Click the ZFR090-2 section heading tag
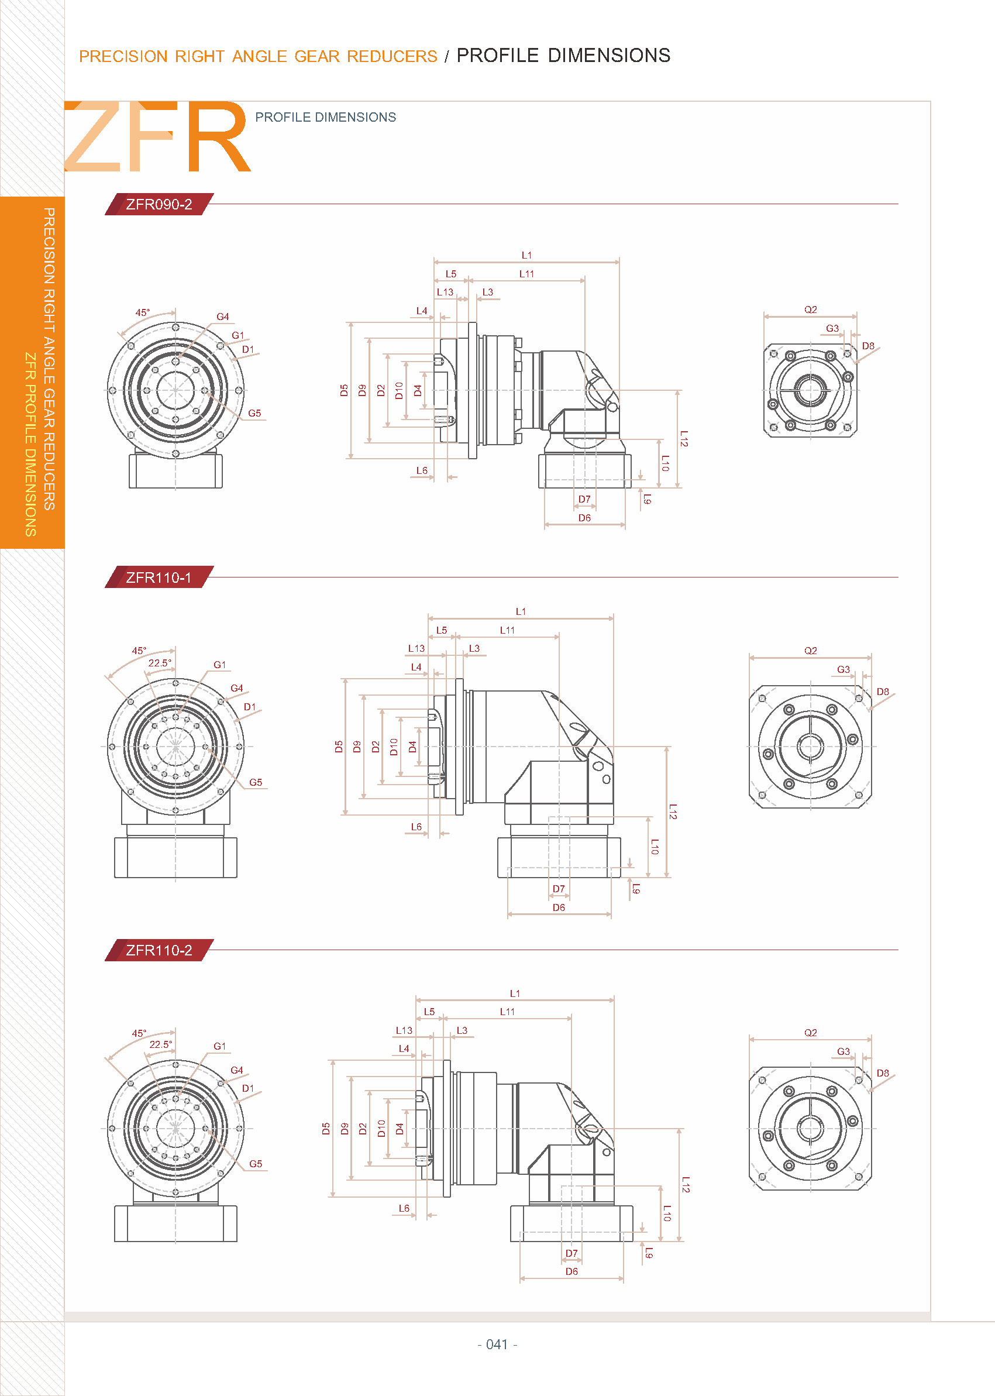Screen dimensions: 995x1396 pyautogui.click(x=159, y=204)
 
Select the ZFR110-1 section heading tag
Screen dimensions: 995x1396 pyautogui.click(x=159, y=577)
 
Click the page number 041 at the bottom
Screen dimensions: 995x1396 pyautogui.click(x=497, y=1344)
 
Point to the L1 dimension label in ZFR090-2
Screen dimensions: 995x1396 pyautogui.click(x=526, y=255)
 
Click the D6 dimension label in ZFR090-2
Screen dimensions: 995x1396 pyautogui.click(x=584, y=518)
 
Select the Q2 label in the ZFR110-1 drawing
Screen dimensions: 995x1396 pyautogui.click(x=811, y=651)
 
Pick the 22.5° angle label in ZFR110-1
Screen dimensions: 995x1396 pyautogui.click(x=160, y=663)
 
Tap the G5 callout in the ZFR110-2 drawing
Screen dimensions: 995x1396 pyautogui.click(x=256, y=1164)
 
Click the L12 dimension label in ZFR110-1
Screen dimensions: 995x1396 pyautogui.click(x=673, y=812)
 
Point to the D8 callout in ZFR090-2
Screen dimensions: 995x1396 pyautogui.click(x=868, y=346)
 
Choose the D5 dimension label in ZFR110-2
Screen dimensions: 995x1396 pyautogui.click(x=326, y=1129)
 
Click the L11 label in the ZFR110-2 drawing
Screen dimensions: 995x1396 pyautogui.click(x=507, y=1012)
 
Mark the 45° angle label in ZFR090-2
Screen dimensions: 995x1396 pyautogui.click(x=143, y=312)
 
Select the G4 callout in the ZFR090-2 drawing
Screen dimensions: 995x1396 pyautogui.click(x=222, y=317)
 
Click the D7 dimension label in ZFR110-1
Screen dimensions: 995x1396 pyautogui.click(x=559, y=889)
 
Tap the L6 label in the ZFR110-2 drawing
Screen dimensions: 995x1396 pyautogui.click(x=404, y=1208)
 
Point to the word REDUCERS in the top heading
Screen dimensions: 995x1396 pyautogui.click(x=392, y=56)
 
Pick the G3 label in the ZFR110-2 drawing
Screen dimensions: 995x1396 pyautogui.click(x=843, y=1051)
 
